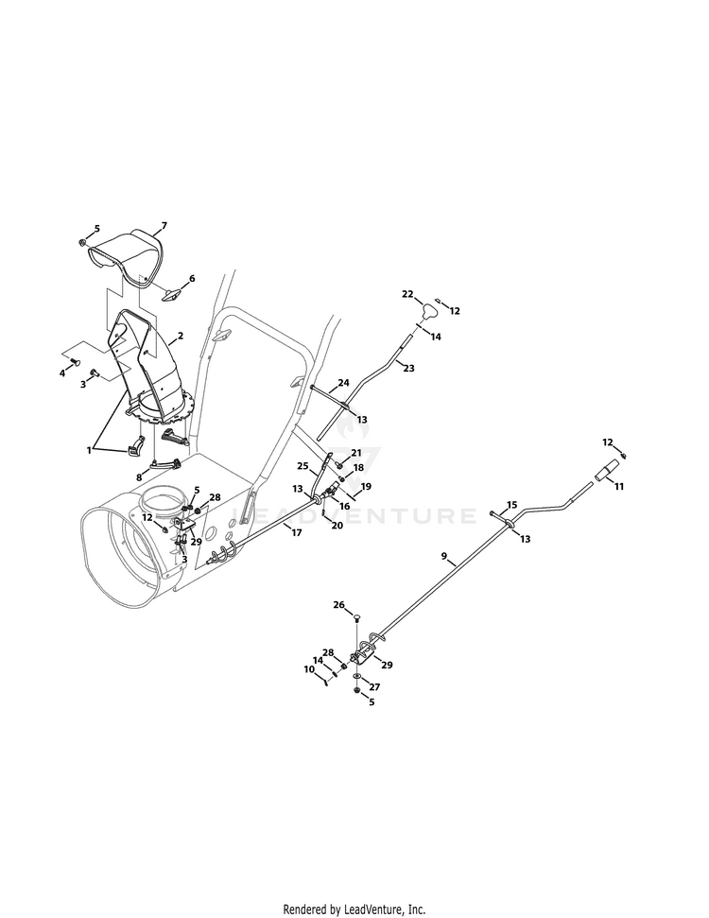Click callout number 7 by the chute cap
(164, 225)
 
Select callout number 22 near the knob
(407, 294)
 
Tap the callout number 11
(619, 486)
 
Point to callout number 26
(339, 605)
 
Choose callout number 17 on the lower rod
(297, 533)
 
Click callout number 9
(443, 556)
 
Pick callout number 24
(343, 383)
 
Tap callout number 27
(374, 687)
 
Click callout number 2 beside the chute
(181, 336)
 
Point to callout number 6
(192, 279)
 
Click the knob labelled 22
(430, 307)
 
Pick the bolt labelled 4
(76, 363)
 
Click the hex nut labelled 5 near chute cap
(82, 242)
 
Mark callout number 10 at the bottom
(309, 669)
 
